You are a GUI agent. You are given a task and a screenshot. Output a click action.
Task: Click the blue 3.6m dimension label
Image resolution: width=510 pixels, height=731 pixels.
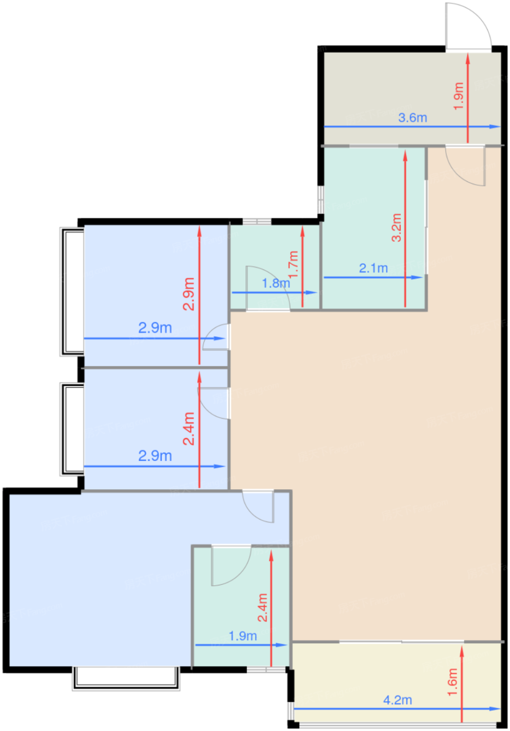click(412, 117)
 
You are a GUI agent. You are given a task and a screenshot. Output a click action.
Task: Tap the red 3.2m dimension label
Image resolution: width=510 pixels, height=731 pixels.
click(396, 228)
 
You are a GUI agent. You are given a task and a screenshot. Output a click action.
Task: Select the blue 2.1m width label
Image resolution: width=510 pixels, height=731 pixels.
click(373, 268)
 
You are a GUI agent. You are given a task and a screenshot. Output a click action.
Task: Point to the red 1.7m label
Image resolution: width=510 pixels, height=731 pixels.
click(293, 264)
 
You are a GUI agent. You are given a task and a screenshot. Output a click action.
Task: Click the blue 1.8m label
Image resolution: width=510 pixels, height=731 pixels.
click(276, 283)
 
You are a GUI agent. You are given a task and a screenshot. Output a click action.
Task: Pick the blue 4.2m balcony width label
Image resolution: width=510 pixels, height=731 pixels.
click(397, 700)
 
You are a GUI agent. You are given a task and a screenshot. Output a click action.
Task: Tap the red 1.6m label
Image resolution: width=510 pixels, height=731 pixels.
click(453, 682)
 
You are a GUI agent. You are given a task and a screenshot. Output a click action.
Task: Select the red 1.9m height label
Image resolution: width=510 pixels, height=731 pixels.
click(458, 96)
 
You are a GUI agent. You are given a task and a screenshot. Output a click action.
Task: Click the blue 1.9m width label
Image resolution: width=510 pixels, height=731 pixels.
click(243, 636)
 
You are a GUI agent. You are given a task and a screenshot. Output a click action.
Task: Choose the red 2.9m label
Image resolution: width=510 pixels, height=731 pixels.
click(188, 293)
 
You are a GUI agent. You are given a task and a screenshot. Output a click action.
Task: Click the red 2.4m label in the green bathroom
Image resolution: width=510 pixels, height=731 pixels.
click(263, 608)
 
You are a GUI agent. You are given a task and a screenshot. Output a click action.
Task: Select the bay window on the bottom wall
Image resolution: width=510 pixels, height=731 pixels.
click(126, 679)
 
